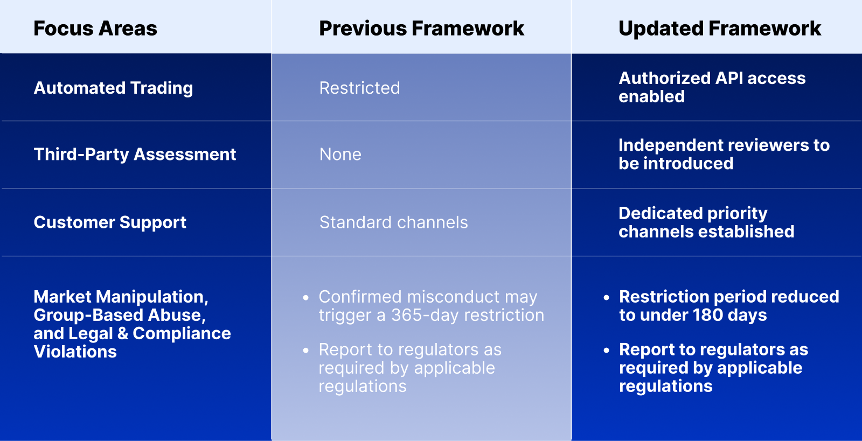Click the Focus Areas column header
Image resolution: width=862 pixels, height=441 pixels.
(x=95, y=29)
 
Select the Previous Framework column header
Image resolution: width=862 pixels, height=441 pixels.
(x=421, y=29)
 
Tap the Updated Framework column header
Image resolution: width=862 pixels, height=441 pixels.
(x=720, y=29)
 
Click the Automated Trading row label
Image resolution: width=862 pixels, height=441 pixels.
(x=113, y=88)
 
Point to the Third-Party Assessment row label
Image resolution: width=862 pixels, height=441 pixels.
(x=135, y=155)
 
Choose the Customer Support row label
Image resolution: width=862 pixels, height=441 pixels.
(x=110, y=222)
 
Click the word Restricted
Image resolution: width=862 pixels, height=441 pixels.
(x=359, y=88)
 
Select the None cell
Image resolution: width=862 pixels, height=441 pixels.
(x=340, y=155)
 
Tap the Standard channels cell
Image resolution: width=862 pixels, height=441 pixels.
(x=393, y=222)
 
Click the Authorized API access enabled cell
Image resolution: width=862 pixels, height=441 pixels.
(x=712, y=87)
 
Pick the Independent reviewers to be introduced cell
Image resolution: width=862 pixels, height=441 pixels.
(x=724, y=154)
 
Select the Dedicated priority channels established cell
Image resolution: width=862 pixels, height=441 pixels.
(x=706, y=222)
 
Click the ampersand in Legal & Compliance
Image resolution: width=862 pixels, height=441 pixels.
(x=122, y=333)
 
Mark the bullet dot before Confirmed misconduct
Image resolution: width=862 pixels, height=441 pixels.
(x=306, y=298)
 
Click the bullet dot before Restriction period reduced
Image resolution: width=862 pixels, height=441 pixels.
(x=607, y=298)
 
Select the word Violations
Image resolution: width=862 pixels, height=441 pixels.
(x=75, y=352)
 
